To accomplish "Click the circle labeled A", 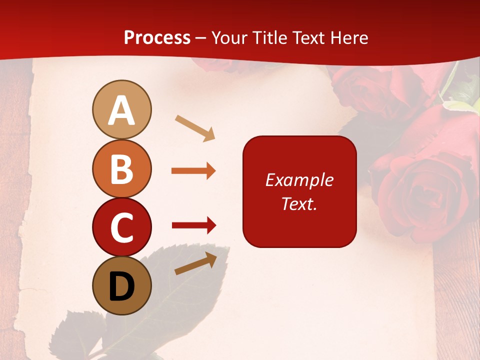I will [121, 109].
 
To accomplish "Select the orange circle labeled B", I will [121, 168].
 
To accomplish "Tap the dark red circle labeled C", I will [121, 227].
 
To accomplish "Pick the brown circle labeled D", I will [121, 286].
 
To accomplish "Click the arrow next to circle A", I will [195, 127].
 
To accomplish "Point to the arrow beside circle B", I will [193, 171].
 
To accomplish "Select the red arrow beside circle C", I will [193, 225].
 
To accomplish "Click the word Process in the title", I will [157, 37].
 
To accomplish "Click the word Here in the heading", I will [349, 37].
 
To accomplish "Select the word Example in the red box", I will [299, 180].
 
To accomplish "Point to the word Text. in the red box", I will [299, 203].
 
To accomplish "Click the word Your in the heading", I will [229, 37].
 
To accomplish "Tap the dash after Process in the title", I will [201, 38].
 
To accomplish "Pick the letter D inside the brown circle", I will [121, 286].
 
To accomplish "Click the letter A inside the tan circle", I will [121, 110].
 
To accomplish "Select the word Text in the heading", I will [309, 37].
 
